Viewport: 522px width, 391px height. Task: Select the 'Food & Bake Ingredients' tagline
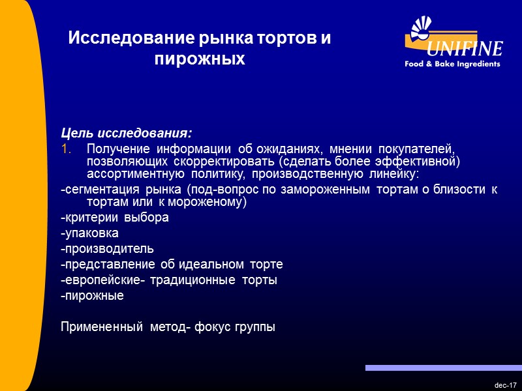452,64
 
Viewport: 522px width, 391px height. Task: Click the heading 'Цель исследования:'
127,134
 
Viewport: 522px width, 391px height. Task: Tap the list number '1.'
65,149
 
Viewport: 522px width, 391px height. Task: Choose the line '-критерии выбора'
114,218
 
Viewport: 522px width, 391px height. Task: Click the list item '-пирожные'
91,296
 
